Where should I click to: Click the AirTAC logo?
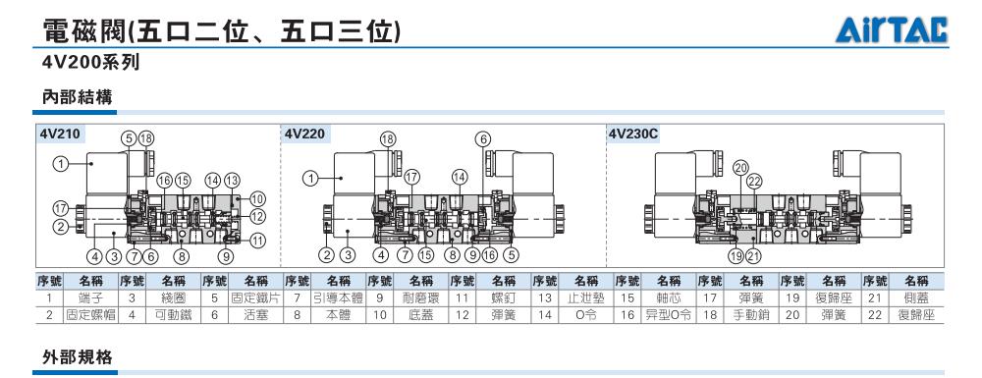coord(892,29)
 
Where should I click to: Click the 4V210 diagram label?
coord(59,134)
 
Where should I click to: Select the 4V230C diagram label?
coord(633,134)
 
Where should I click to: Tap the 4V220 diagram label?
coord(304,134)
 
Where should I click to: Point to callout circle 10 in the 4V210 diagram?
coord(257,199)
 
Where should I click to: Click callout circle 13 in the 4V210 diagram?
coord(232,181)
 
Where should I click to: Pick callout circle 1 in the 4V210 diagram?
coord(60,164)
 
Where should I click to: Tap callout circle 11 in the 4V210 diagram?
coord(257,240)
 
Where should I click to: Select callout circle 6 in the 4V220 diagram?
coord(483,139)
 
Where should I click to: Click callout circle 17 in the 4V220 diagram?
coord(411,177)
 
